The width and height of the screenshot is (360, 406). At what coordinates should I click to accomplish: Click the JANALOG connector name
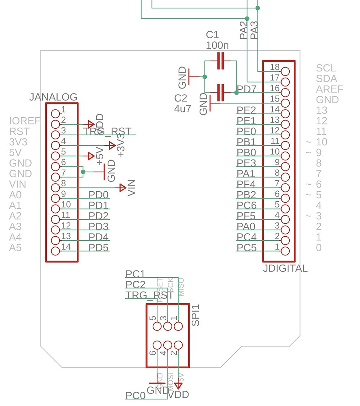click(53, 97)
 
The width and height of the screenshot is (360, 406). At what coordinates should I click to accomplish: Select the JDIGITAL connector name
click(285, 268)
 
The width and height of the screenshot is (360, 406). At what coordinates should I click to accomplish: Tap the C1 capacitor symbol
click(221, 61)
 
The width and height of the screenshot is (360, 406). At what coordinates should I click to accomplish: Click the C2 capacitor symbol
click(221, 93)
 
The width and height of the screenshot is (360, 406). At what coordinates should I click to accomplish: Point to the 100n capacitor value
click(217, 45)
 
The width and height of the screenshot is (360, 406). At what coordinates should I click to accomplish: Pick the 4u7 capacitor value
click(182, 108)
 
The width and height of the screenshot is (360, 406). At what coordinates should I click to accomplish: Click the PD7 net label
click(247, 89)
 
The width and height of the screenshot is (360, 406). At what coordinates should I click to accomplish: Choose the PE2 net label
click(247, 110)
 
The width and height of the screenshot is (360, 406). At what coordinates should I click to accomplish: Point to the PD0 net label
click(99, 194)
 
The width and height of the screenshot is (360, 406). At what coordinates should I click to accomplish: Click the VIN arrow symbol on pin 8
click(122, 188)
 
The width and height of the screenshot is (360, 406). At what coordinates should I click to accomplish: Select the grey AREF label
click(330, 89)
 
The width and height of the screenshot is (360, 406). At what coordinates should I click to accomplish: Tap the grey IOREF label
click(25, 121)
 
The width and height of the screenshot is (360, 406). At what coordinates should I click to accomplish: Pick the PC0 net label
click(135, 395)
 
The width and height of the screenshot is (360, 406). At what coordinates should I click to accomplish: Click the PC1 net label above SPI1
click(135, 274)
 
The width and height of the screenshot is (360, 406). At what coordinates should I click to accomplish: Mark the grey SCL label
click(326, 68)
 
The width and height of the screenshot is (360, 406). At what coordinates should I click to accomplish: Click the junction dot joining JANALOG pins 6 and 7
click(83, 172)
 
